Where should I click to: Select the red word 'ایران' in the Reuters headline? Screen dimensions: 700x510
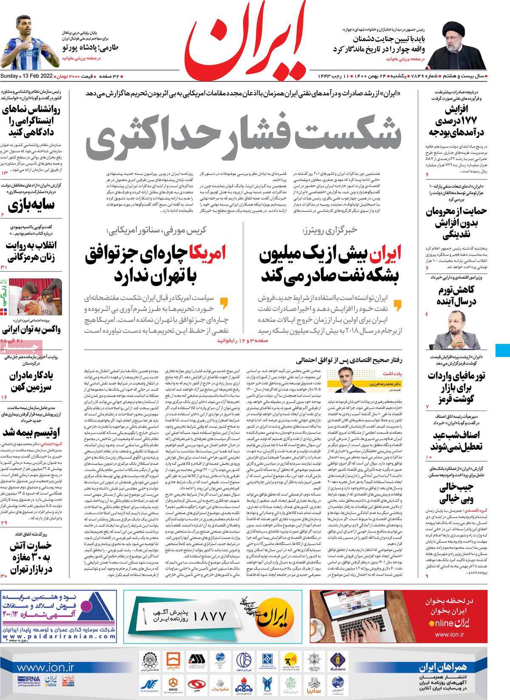pos(385,255)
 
